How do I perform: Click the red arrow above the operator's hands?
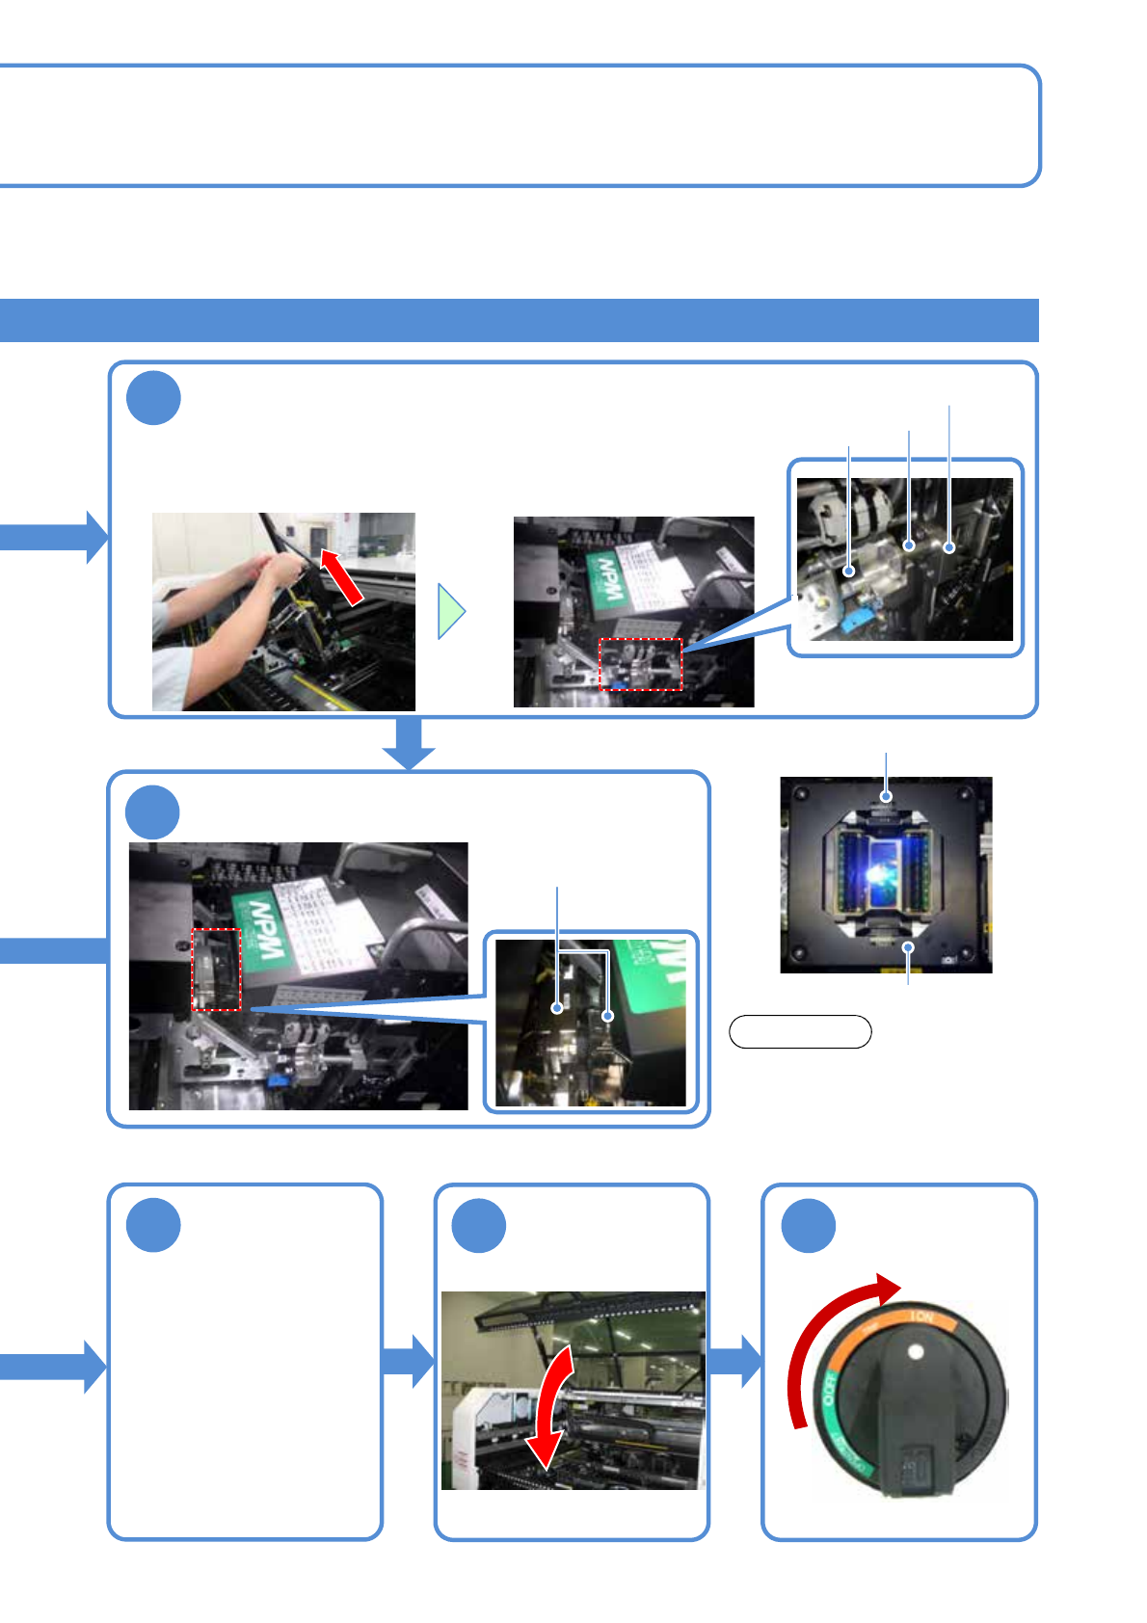[342, 576]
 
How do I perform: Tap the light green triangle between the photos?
[450, 611]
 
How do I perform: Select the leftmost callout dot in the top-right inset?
[849, 571]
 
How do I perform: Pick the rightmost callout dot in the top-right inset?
[949, 547]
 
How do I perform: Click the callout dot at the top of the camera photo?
[886, 796]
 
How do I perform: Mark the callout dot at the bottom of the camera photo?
[908, 948]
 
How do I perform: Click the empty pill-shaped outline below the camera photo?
[800, 1031]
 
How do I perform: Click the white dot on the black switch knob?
[916, 1352]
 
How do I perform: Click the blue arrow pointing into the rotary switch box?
[736, 1361]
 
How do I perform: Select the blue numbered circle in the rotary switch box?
[808, 1225]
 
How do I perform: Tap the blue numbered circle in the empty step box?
[153, 1225]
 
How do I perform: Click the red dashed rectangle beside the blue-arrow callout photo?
[216, 970]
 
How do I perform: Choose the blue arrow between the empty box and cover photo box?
[409, 1361]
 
